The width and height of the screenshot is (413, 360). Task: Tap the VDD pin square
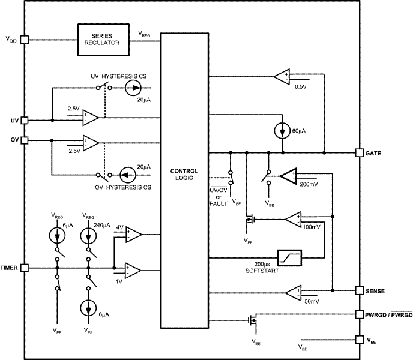point(25,40)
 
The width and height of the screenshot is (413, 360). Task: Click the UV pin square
point(25,120)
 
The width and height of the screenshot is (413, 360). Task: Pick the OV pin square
point(25,140)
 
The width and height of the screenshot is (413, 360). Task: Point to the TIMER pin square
point(25,268)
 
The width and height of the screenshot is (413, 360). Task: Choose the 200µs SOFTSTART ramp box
point(289,257)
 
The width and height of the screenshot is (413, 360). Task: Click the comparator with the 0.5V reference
point(281,76)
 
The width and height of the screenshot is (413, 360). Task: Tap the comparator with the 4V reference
point(134,235)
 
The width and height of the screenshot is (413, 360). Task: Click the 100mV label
point(312,227)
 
